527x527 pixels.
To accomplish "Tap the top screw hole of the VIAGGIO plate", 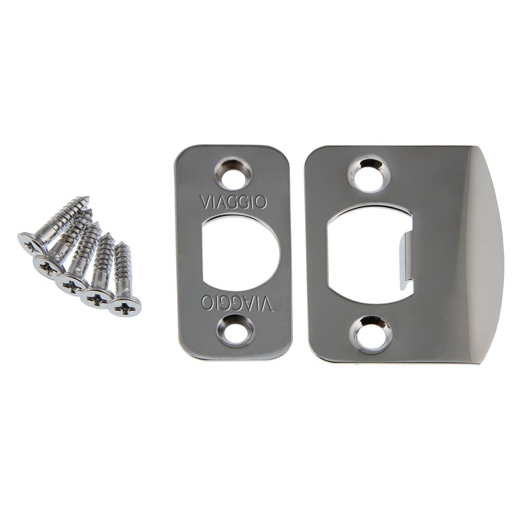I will (233, 175).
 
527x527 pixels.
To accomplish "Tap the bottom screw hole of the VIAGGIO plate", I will (235, 330).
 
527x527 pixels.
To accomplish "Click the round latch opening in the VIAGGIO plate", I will (240, 253).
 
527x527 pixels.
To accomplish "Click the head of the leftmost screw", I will (31, 244).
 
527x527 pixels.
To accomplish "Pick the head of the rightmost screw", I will (125, 306).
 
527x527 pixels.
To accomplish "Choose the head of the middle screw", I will (70, 284).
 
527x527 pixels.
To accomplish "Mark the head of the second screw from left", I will (49, 265).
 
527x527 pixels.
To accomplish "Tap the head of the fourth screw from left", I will (96, 298).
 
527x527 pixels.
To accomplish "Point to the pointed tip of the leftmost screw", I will (87, 198).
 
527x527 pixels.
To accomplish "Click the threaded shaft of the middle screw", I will (86, 254).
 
